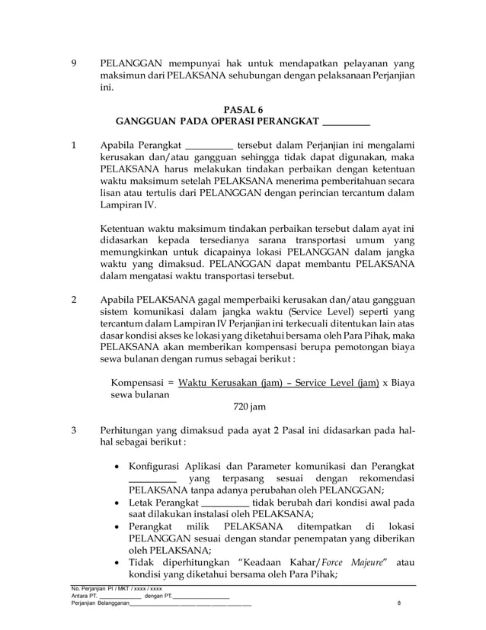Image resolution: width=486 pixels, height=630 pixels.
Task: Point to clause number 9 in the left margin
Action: coord(72,65)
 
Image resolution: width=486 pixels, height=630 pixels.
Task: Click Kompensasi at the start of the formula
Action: coord(139,382)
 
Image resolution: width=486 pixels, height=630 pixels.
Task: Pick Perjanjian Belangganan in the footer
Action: coord(98,606)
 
